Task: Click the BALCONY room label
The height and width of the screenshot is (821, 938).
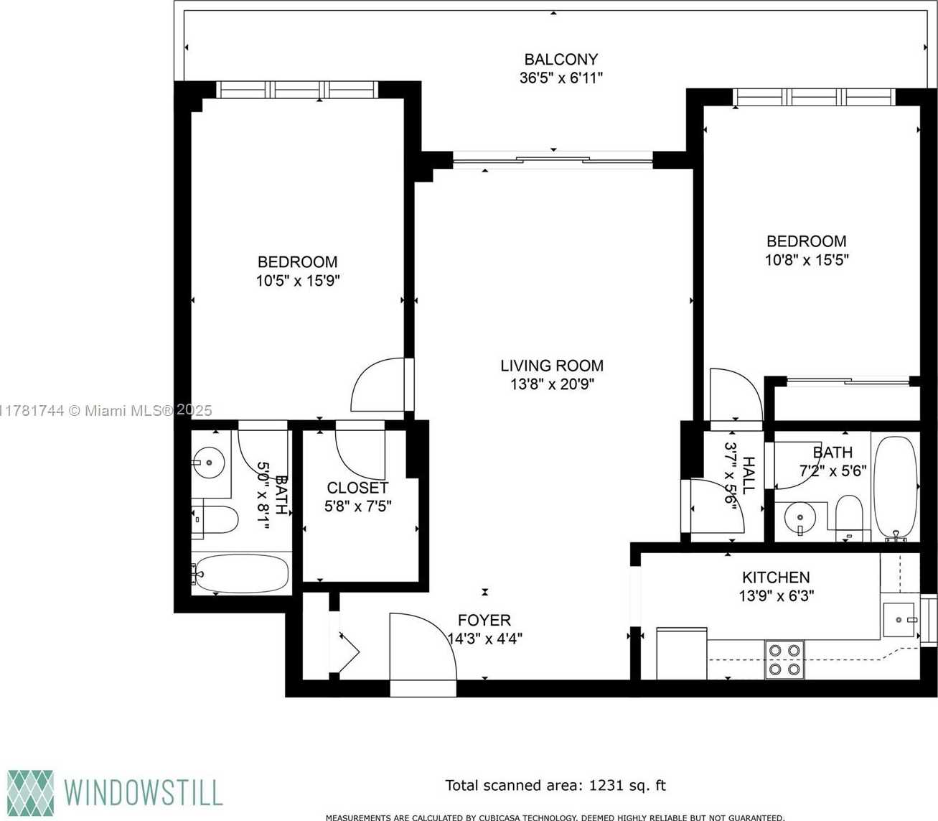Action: point(561,60)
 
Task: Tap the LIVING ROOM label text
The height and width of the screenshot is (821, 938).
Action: point(551,366)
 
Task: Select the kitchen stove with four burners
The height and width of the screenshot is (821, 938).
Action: point(784,659)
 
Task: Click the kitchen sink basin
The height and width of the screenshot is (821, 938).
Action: point(899,620)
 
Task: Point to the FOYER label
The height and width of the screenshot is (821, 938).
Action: point(484,620)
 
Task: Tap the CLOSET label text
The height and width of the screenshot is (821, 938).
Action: point(357,487)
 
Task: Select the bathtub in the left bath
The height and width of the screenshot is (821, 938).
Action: point(240,573)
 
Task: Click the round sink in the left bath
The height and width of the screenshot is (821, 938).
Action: point(209,463)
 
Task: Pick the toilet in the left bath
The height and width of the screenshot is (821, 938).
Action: point(215,519)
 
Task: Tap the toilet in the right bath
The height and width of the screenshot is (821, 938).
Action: point(849,517)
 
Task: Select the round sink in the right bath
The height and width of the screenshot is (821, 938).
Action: point(800,518)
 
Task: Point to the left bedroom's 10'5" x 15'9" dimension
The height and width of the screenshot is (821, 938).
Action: point(298,281)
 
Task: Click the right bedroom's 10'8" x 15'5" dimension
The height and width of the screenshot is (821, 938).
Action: point(807,260)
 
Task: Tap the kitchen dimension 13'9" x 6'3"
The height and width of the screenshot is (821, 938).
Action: point(777,595)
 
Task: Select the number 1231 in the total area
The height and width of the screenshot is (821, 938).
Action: point(606,785)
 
